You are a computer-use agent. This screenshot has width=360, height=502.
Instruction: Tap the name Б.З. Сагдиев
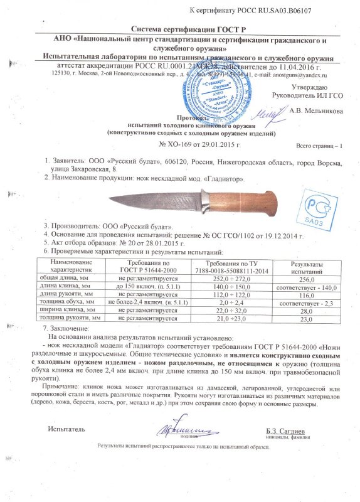(x=285, y=430)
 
